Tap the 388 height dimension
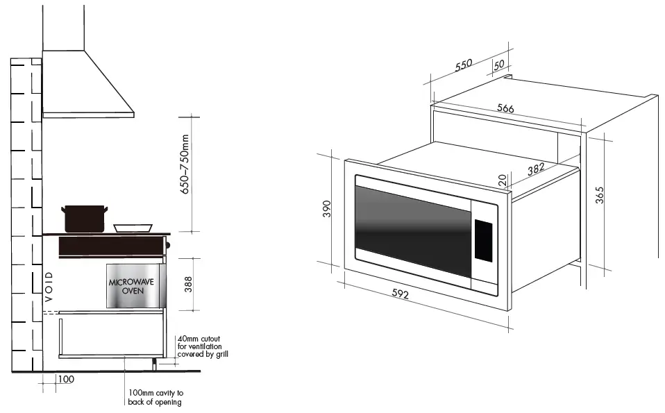coord(187,284)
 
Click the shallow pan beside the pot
coord(133,228)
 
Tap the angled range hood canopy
coord(87,83)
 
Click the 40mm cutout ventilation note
coord(203,346)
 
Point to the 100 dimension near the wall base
coord(65,380)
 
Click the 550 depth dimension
coord(464,65)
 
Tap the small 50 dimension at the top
coord(498,65)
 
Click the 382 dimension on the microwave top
coord(534,169)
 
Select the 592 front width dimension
coord(400,295)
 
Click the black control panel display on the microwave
coord(483,241)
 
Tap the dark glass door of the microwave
coord(410,229)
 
